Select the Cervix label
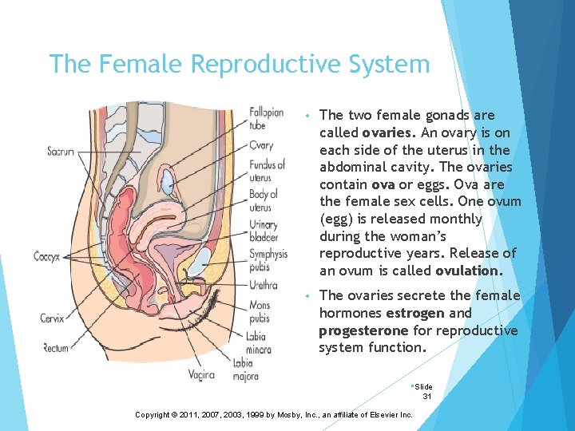tap(53, 318)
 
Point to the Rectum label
tap(55, 347)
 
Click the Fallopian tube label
tap(266, 118)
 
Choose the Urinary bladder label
tap(264, 231)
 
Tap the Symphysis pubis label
tap(268, 260)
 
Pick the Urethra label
tap(263, 285)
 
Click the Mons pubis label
tap(260, 310)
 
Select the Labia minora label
tap(259, 342)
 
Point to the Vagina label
tap(202, 374)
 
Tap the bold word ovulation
tap(469, 271)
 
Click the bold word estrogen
tap(427, 313)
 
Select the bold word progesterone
tap(363, 330)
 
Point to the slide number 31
tap(427, 396)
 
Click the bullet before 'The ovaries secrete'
tap(307, 297)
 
